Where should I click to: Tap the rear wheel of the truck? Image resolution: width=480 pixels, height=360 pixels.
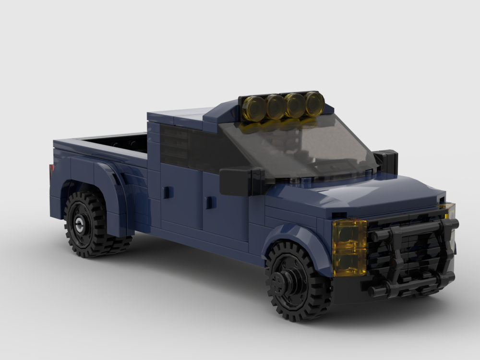89,223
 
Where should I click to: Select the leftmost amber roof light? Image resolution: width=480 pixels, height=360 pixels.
253,108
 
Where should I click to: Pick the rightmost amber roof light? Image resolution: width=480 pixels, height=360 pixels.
314,103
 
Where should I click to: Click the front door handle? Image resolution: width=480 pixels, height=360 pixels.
210,203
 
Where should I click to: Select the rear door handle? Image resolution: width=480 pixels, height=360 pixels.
168,192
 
